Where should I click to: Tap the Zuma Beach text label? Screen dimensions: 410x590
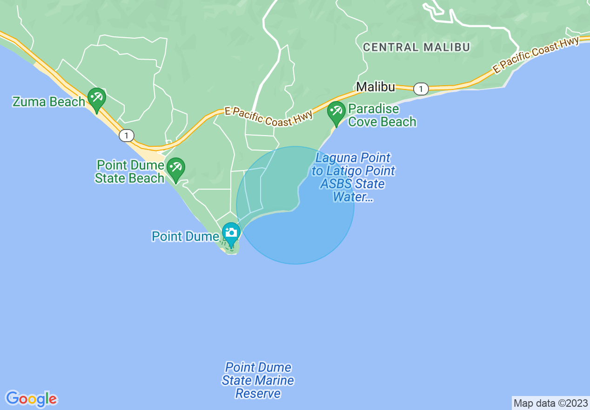(49, 102)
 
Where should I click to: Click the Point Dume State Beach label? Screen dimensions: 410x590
(130, 171)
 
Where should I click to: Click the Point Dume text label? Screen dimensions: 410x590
(185, 236)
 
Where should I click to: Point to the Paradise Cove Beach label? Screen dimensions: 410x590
(382, 116)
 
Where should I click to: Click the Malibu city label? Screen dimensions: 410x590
(375, 87)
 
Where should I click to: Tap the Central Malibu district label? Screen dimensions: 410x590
(416, 47)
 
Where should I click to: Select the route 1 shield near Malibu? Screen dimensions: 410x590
(421, 89)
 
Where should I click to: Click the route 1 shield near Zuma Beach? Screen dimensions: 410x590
(126, 136)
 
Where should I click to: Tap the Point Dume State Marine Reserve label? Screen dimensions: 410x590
(258, 381)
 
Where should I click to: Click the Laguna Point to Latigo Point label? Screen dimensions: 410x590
(353, 178)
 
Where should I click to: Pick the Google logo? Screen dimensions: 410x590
(32, 399)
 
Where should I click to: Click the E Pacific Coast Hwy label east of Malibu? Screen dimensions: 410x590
(536, 55)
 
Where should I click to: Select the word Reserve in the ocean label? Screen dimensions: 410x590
(258, 394)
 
